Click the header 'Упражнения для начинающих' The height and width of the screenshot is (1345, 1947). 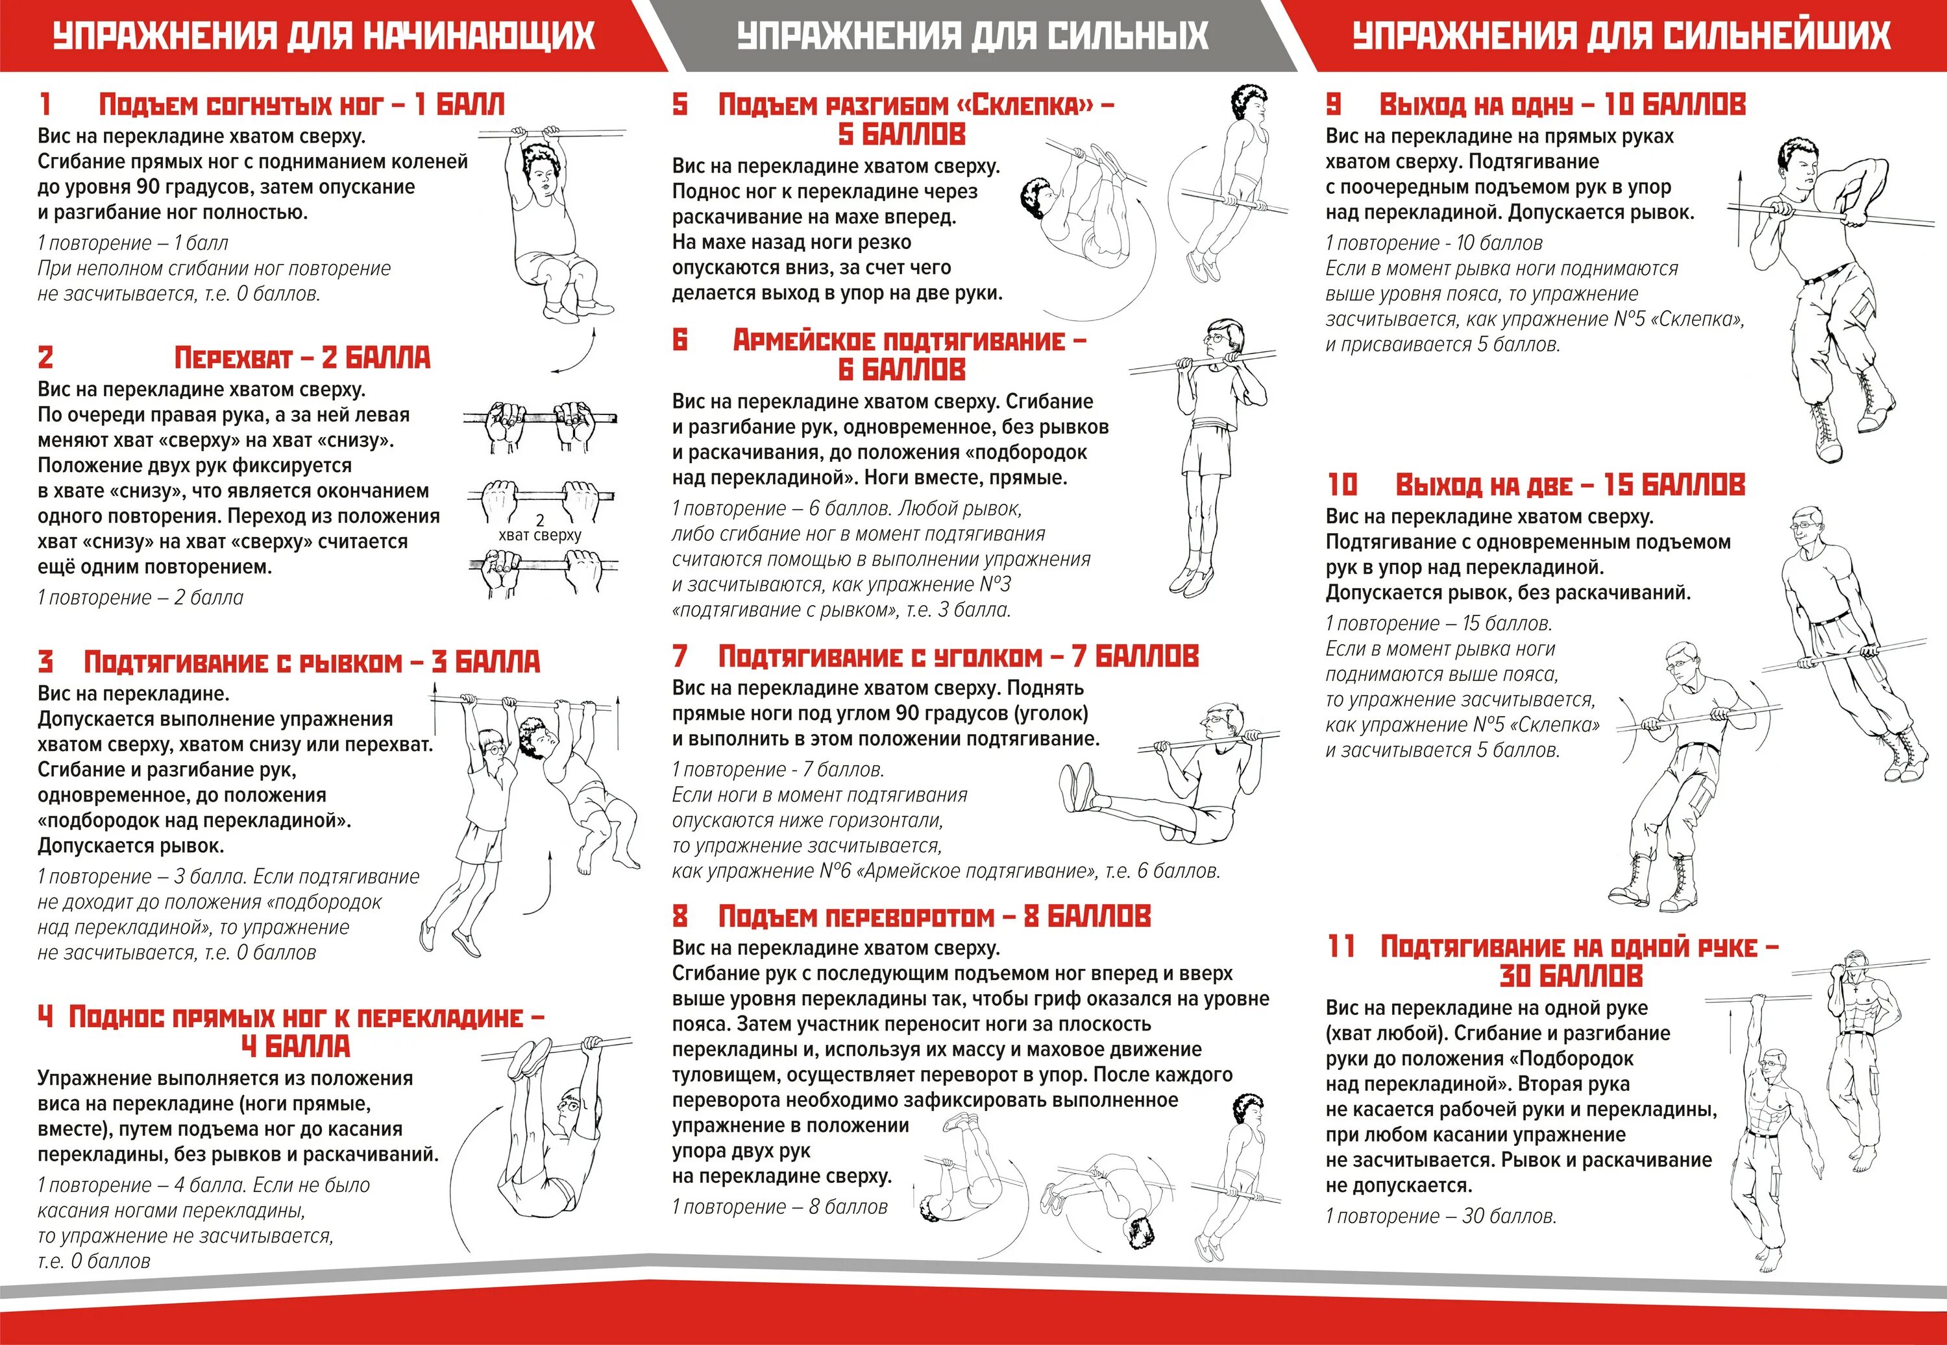click(324, 36)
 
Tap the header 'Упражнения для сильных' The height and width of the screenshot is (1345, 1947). click(972, 36)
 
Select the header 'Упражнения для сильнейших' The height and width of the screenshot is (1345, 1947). click(1621, 36)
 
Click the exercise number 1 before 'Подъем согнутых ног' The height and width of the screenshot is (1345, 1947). click(45, 104)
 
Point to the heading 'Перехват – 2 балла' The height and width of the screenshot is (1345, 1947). click(302, 358)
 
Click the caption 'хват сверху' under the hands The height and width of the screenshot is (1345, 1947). click(540, 535)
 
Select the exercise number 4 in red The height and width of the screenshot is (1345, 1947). click(45, 1017)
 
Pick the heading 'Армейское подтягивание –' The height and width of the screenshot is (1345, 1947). click(909, 341)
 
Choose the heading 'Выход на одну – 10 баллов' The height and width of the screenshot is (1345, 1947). click(1561, 104)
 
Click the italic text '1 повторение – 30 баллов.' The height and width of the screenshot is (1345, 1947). click(1441, 1216)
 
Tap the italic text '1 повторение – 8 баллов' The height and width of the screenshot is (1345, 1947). click(780, 1207)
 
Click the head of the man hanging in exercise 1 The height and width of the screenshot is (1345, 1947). click(540, 169)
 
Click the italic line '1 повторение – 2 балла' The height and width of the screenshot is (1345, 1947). click(140, 597)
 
